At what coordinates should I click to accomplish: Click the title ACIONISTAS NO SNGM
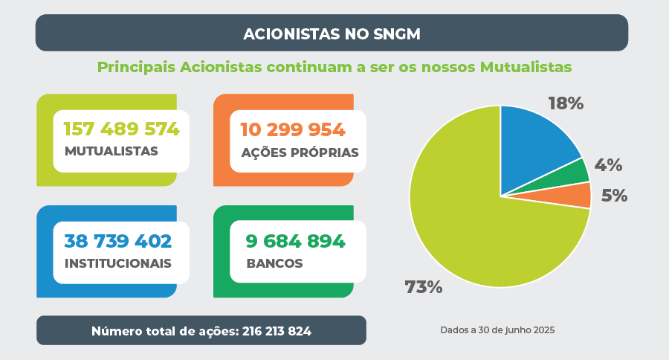(x=332, y=33)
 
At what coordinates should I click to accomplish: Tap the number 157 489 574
(x=122, y=129)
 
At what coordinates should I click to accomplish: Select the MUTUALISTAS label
(x=111, y=151)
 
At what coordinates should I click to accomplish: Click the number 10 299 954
(x=293, y=130)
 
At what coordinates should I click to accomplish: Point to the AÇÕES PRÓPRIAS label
(x=300, y=152)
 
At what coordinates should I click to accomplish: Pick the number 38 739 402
(x=118, y=241)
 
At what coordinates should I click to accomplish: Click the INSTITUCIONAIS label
(x=118, y=263)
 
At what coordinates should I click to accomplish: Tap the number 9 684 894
(x=296, y=241)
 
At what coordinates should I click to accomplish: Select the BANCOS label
(x=274, y=263)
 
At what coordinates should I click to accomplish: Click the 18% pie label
(x=566, y=103)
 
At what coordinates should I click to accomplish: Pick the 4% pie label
(x=608, y=165)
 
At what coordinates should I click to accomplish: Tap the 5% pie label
(x=615, y=196)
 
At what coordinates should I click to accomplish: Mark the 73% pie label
(x=424, y=287)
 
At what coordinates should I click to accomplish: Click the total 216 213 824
(x=277, y=331)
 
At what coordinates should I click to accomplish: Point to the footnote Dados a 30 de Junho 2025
(x=497, y=330)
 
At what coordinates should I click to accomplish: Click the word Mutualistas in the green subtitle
(x=526, y=67)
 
